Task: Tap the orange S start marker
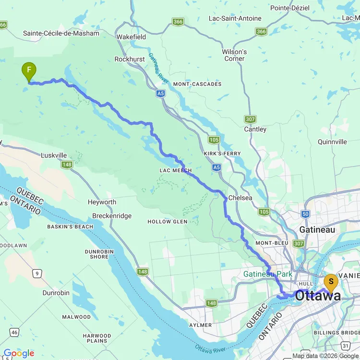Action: [331, 282]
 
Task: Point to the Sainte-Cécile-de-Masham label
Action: [61, 33]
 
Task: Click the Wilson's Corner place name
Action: [234, 55]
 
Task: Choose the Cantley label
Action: [255, 129]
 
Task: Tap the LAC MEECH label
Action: [176, 170]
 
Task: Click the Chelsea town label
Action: [240, 197]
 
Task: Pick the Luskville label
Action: [54, 156]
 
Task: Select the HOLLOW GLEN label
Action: [166, 222]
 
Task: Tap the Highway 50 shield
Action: [306, 214]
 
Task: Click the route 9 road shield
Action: [37, 274]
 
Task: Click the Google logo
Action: [18, 354]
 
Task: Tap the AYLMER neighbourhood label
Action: [200, 325]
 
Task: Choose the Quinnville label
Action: [332, 142]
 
